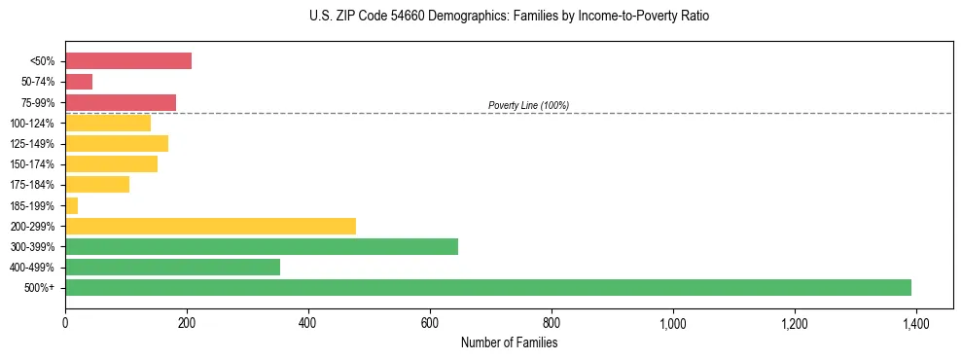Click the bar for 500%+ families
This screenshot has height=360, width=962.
[487, 287]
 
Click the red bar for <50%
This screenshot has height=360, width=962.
[127, 61]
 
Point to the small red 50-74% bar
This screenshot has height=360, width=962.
[79, 82]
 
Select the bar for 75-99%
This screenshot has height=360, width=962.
[121, 102]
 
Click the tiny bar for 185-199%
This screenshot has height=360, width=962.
[71, 205]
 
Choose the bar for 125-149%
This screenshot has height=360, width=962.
[117, 144]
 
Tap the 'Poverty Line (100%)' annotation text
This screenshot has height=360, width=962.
[528, 105]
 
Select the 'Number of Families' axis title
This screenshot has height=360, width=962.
[509, 342]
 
